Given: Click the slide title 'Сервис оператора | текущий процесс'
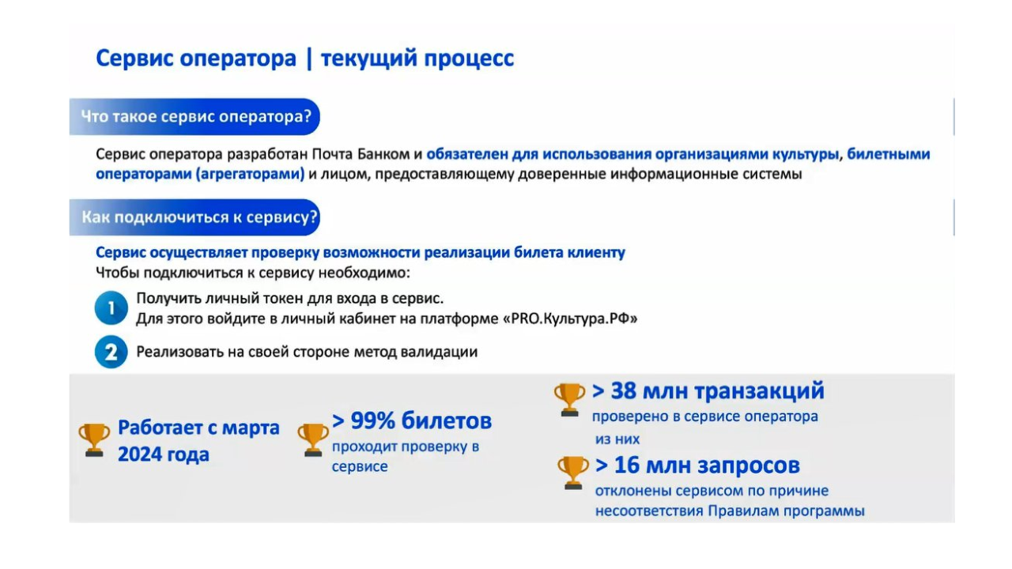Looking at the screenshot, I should pyautogui.click(x=304, y=58).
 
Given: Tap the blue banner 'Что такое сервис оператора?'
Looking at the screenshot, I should pyautogui.click(x=195, y=117).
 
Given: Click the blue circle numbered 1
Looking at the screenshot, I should pyautogui.click(x=111, y=308).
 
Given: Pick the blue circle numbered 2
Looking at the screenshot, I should pyautogui.click(x=111, y=352).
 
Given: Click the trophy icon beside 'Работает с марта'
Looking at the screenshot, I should pyautogui.click(x=94, y=439).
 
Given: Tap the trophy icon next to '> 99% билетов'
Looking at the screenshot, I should pyautogui.click(x=313, y=439).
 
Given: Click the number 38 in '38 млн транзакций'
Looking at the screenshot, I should pyautogui.click(x=624, y=391).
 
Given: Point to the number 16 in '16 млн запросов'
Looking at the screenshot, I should pyautogui.click(x=627, y=465).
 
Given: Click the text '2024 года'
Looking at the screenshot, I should pyautogui.click(x=164, y=454).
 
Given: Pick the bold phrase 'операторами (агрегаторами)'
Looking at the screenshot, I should pyautogui.click(x=200, y=174).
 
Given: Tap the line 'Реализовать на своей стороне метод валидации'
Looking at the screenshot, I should pyautogui.click(x=307, y=352).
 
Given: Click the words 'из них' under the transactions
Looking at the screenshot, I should pyautogui.click(x=617, y=439).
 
